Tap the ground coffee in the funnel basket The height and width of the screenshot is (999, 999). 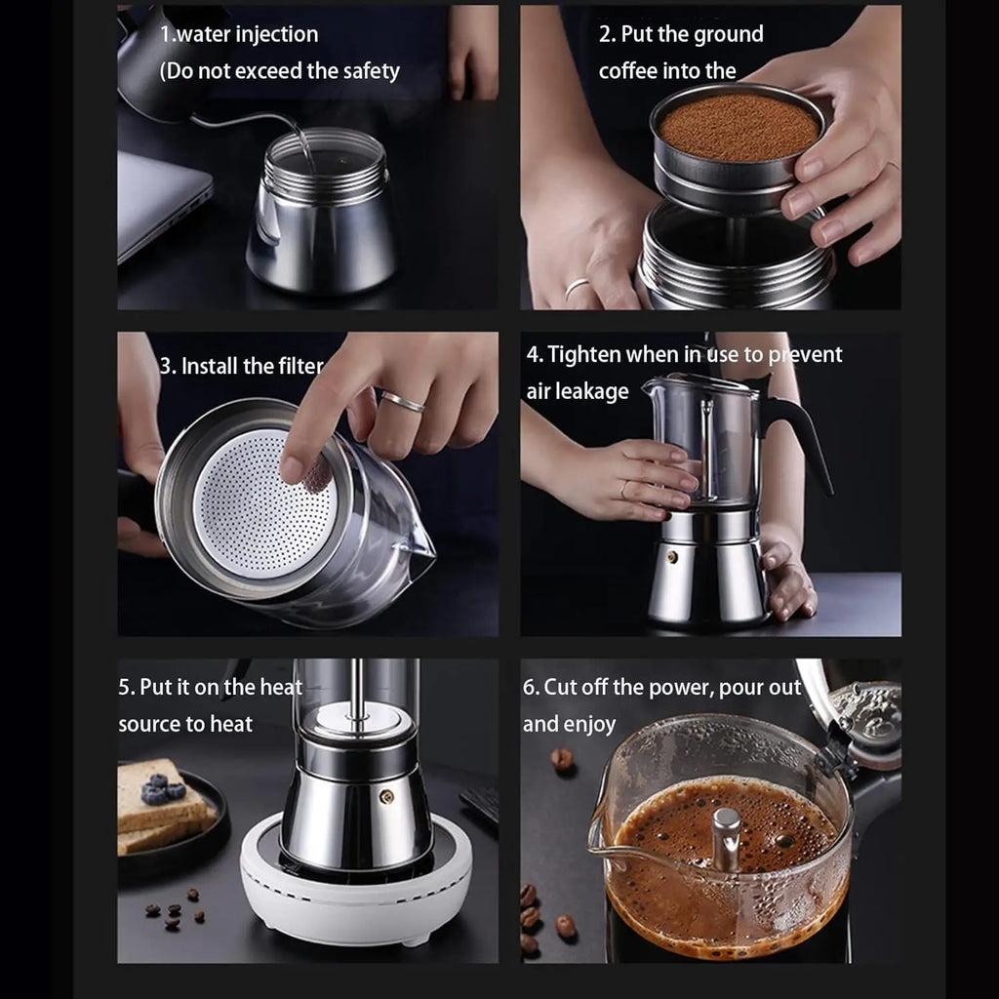[x=738, y=128]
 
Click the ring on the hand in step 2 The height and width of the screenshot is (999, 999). [x=577, y=288]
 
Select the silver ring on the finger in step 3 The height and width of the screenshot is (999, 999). [x=402, y=401]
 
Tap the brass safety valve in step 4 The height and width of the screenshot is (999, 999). [x=672, y=557]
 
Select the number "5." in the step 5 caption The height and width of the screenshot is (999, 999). [x=127, y=687]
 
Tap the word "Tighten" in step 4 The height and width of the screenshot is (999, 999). [x=584, y=354]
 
